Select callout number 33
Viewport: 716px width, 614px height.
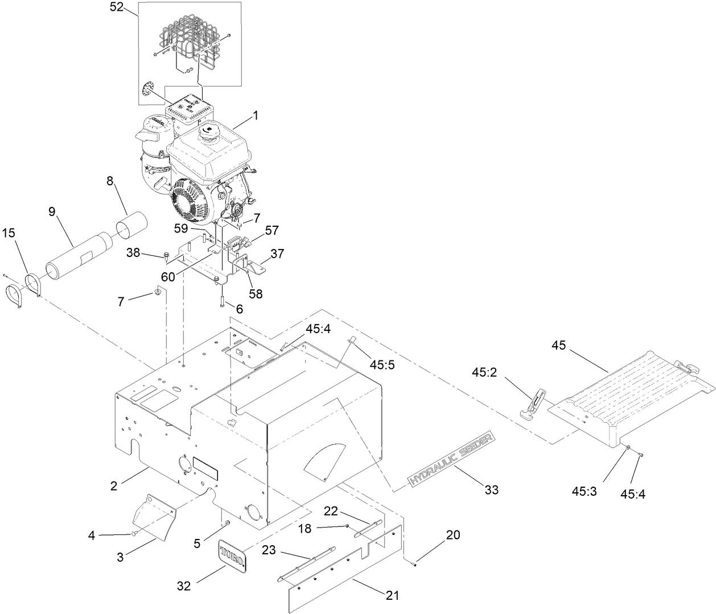click(491, 489)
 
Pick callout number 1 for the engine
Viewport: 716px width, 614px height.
click(256, 115)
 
